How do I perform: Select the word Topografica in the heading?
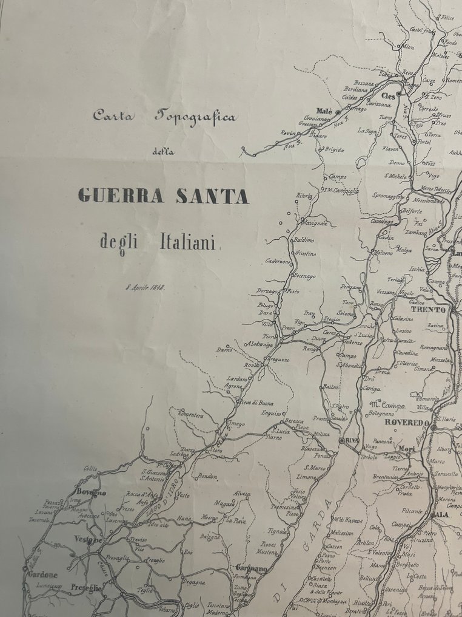coord(195,117)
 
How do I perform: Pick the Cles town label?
coord(388,96)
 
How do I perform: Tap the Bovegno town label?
coord(91,492)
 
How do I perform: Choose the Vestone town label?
coord(89,539)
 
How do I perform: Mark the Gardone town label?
coord(42,574)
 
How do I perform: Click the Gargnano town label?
coord(248,568)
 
